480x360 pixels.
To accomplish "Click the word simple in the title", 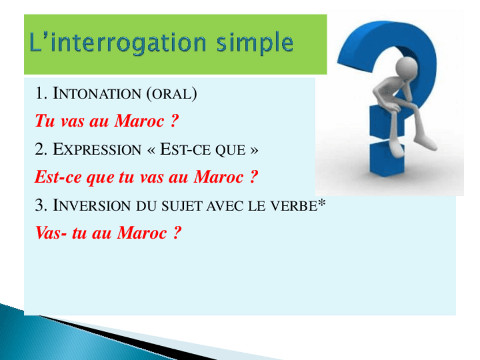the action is pos(255,43).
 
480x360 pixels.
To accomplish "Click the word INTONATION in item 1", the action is pos(96,93).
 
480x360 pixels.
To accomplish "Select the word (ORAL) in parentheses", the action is pos(172,93).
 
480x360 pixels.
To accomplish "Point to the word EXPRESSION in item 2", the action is pos(97,149).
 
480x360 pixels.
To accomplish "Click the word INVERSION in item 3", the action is pos(92,205).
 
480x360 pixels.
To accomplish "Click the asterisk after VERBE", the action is pos(322,202).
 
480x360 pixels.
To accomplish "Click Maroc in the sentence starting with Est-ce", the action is pos(218,177).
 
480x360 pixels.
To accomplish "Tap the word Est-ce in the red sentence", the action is pos(58,177).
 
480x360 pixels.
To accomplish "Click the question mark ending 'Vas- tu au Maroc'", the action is pos(177,233).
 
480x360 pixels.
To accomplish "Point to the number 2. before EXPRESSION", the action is pos(41,149).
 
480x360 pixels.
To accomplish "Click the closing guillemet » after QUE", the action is pos(254,150).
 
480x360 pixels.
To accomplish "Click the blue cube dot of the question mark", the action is pos(387,158).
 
